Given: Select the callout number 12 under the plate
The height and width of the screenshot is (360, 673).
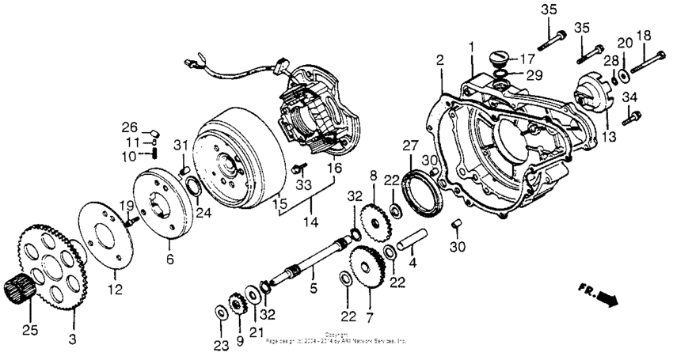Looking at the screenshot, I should click(116, 290).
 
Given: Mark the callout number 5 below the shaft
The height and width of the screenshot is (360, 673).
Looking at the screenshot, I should click(313, 290).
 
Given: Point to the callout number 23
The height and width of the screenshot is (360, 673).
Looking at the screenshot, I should click(219, 344).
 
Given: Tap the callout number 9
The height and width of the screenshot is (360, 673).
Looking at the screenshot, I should click(239, 341).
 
